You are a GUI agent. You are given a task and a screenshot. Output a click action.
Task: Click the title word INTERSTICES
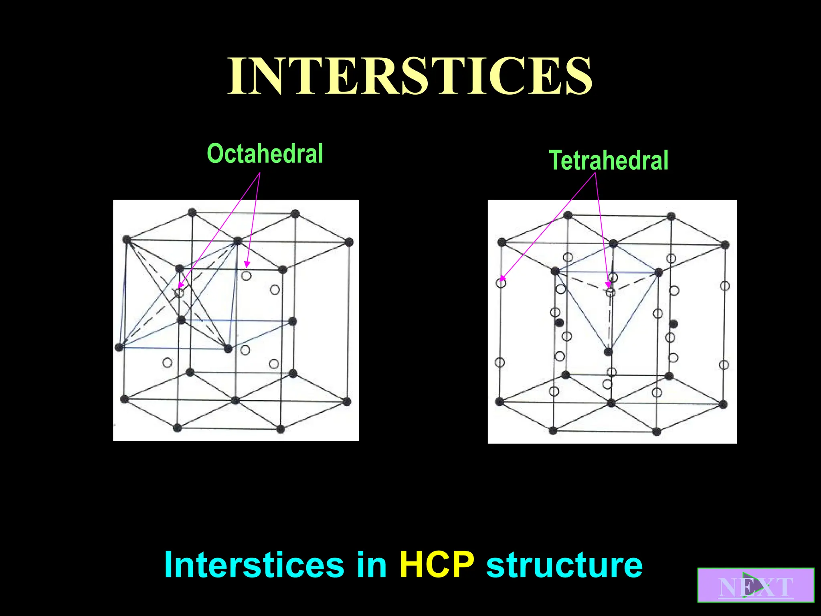click(x=410, y=76)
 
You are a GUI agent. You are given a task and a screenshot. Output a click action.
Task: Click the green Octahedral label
click(x=265, y=154)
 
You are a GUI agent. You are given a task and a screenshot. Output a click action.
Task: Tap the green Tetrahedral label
click(x=608, y=160)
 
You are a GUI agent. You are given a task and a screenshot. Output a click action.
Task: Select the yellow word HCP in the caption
click(x=437, y=565)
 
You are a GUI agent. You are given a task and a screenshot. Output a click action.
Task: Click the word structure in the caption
click(x=564, y=565)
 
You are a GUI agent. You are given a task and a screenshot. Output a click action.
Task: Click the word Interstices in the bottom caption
click(x=254, y=565)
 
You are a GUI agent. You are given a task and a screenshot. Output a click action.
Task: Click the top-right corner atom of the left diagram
click(x=349, y=242)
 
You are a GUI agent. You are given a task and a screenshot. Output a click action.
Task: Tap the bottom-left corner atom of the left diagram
click(x=124, y=399)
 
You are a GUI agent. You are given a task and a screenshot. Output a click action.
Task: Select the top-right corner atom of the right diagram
click(x=725, y=245)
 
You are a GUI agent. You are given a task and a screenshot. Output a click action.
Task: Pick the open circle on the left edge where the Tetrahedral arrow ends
click(x=501, y=283)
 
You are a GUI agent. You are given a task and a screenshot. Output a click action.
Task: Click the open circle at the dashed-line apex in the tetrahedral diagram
click(x=610, y=292)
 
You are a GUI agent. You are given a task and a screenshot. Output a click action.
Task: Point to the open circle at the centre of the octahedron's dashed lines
click(x=179, y=293)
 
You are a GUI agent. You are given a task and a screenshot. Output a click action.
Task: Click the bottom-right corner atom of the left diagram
click(x=347, y=401)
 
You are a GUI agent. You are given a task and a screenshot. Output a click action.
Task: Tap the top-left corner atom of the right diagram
click(x=501, y=242)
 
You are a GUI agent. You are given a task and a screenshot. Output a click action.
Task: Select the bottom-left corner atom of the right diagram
click(x=499, y=401)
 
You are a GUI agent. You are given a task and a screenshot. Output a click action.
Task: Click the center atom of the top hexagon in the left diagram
click(x=237, y=241)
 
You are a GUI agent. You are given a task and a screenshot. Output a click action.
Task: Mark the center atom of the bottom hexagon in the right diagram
click(x=611, y=403)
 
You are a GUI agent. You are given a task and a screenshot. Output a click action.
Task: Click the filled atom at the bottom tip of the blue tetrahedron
click(x=608, y=352)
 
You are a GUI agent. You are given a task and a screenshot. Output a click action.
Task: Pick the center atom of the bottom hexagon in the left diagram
click(x=235, y=400)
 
